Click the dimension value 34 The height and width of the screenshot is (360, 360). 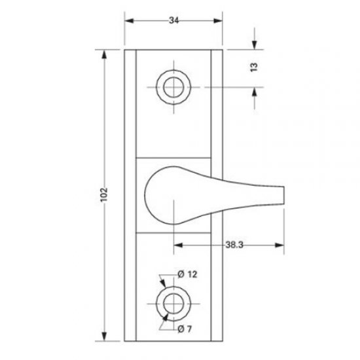click(173, 21)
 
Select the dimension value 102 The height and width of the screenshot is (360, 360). click(104, 195)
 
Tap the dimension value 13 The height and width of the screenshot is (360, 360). click(254, 67)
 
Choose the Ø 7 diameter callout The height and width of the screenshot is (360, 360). click(185, 329)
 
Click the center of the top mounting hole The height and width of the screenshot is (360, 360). click(173, 86)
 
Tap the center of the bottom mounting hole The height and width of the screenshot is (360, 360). click(173, 302)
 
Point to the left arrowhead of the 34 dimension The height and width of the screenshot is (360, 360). click(128, 21)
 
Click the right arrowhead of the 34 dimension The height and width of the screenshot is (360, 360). click(218, 21)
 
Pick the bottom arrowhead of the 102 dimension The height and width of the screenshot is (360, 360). click(104, 337)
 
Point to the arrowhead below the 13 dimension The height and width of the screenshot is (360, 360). click(254, 90)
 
